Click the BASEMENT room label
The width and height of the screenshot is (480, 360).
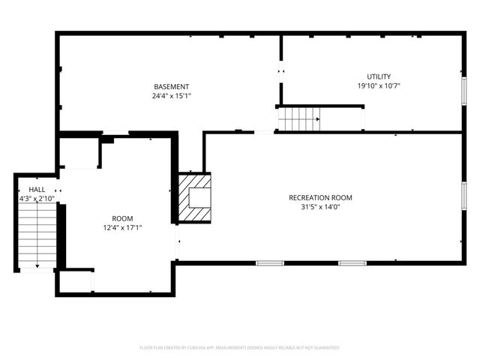point(172,87)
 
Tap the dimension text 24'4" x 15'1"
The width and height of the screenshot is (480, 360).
point(172,96)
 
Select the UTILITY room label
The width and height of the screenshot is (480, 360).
point(378,77)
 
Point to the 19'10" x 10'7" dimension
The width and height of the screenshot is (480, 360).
point(378,86)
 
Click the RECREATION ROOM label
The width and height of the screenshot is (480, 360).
point(320,198)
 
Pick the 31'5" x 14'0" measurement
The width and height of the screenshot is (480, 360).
point(320,208)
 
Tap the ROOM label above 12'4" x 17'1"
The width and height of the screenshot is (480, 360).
point(123,218)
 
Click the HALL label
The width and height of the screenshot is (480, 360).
point(37,190)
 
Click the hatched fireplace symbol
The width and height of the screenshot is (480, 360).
point(195,198)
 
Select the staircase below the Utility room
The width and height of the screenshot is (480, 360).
point(299,118)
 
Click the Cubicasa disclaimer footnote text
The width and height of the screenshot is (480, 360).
point(240,348)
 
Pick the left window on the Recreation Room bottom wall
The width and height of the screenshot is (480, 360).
point(270,262)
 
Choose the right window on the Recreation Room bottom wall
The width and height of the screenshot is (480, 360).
point(352,262)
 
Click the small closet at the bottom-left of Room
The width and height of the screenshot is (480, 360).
point(75,281)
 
